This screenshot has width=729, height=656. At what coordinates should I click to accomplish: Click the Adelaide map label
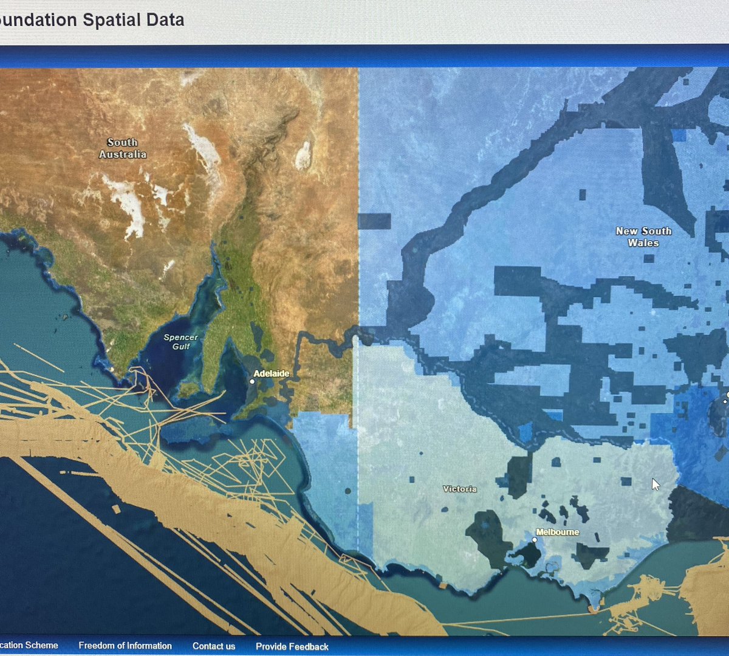point(271,373)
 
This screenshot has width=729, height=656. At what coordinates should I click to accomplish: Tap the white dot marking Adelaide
point(252,382)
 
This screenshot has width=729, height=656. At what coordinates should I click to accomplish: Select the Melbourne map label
point(557,532)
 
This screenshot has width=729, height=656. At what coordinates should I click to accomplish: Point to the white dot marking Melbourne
point(535,539)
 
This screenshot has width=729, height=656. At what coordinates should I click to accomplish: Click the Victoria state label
point(460,489)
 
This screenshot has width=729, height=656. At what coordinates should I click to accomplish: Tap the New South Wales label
point(643,237)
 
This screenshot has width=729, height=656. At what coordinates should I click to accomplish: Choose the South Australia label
point(123,148)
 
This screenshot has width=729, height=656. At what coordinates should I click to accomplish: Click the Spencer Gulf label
point(180,342)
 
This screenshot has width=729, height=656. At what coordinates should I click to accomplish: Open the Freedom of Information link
point(125,646)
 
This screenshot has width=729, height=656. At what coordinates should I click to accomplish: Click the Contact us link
point(214,646)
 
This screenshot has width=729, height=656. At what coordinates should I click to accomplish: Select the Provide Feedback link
point(292,646)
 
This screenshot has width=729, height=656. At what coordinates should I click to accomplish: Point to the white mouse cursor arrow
point(655,484)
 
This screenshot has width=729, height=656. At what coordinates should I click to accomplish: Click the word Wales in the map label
point(643,243)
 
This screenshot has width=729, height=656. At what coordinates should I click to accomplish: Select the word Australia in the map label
point(123,154)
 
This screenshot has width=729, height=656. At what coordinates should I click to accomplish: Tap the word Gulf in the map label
point(180,347)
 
